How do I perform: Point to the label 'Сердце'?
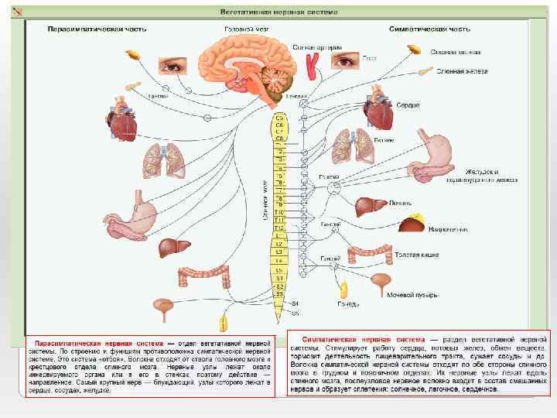[x=408, y=104]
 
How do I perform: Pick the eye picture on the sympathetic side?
[x=347, y=59]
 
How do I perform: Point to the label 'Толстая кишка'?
[x=417, y=253]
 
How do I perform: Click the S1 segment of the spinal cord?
[x=279, y=278]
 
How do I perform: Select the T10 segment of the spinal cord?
[x=279, y=212]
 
